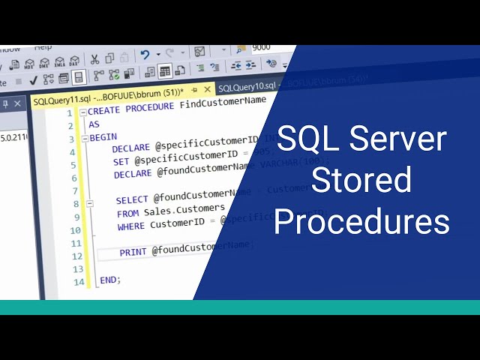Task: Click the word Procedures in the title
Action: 361,222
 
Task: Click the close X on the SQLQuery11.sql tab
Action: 208,88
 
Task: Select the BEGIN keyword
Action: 103,138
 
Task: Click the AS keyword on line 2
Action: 94,124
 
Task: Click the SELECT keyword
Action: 132,199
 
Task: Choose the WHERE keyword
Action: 131,225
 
